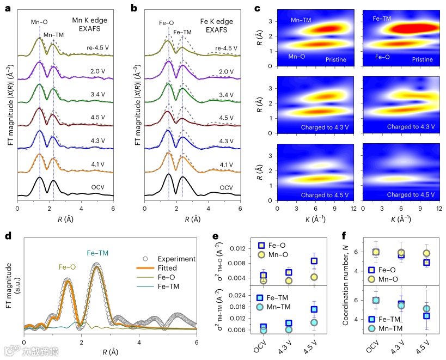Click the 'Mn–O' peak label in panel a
pos(39,23)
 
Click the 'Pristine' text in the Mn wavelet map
pos(338,59)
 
